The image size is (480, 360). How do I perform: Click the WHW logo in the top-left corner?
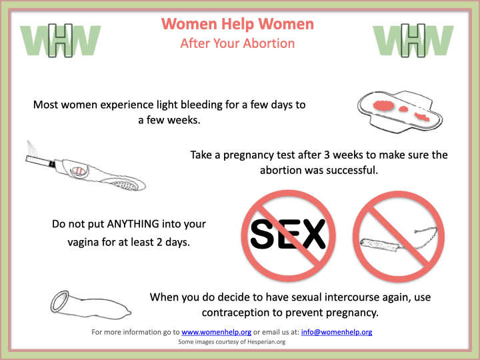pyautogui.click(x=61, y=41)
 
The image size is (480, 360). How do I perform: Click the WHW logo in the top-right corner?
pyautogui.click(x=413, y=41)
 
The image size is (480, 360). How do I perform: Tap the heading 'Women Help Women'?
pyautogui.click(x=237, y=24)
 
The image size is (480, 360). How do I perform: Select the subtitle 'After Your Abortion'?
pyautogui.click(x=237, y=43)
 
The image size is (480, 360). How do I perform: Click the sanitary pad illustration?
pyautogui.click(x=400, y=112)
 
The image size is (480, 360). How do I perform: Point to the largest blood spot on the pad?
pyautogui.click(x=384, y=105)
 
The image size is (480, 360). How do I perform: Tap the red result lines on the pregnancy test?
pyautogui.click(x=79, y=171)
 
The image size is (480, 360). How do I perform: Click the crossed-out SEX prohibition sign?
pyautogui.click(x=289, y=236)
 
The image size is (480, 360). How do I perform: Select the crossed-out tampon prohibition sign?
pyautogui.click(x=399, y=236)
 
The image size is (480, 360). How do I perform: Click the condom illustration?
pyautogui.click(x=91, y=304)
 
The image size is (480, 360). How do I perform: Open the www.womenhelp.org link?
pyautogui.click(x=217, y=332)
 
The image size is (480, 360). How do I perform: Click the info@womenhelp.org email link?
pyautogui.click(x=337, y=332)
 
